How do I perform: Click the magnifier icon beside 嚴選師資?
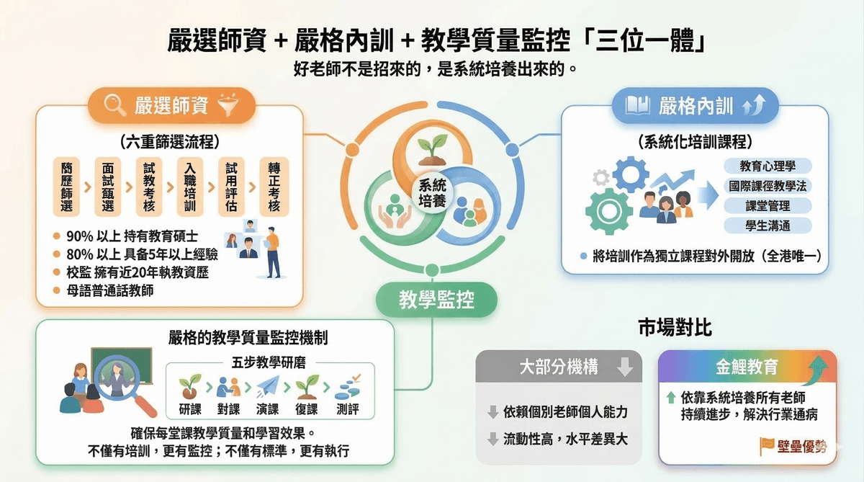[114, 105]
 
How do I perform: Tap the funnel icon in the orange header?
[228, 105]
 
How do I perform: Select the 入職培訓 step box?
[190, 187]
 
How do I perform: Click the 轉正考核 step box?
[274, 187]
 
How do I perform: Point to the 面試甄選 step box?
[107, 187]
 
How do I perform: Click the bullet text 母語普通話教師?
[110, 290]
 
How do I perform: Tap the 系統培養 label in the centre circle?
[433, 193]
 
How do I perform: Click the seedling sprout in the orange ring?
[433, 149]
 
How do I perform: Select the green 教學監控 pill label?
[436, 300]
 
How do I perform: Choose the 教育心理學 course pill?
[768, 166]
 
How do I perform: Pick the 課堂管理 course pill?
[768, 206]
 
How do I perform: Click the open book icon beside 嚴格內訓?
[637, 105]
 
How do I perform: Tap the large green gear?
[609, 210]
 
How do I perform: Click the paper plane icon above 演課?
[268, 386]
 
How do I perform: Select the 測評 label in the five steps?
[348, 409]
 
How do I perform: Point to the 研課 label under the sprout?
[190, 409]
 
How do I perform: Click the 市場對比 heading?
[675, 328]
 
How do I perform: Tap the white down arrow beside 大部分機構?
[624, 367]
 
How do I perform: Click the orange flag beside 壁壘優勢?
[767, 446]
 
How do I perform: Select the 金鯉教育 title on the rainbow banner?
[747, 367]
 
